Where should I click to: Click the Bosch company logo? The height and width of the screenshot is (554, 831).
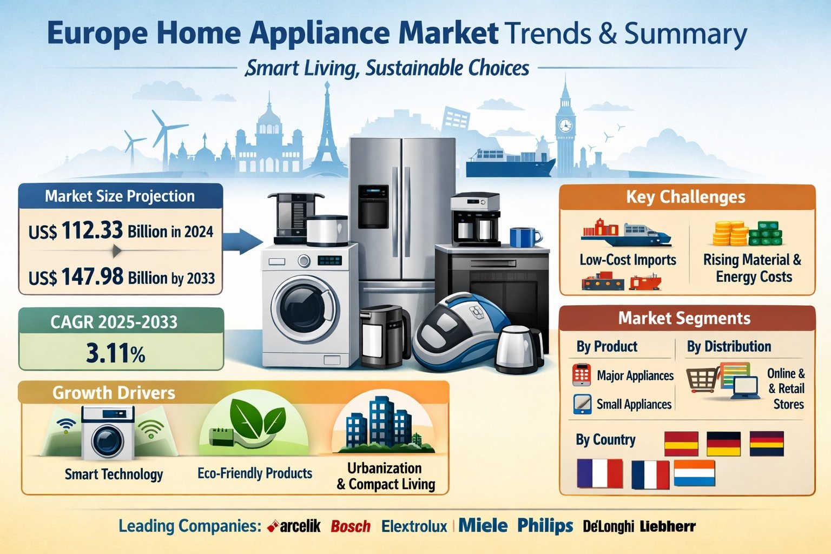pos(351,526)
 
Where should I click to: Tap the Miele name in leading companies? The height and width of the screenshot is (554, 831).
pos(483,525)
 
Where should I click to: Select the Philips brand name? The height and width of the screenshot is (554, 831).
pos(545,525)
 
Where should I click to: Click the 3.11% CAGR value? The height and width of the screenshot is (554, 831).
pos(115,353)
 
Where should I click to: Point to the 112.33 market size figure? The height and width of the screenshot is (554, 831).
pos(92,230)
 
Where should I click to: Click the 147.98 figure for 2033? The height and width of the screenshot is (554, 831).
pos(92,277)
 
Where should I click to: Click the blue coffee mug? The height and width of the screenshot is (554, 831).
pos(523,237)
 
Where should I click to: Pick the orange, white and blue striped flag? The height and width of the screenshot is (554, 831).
pos(694,473)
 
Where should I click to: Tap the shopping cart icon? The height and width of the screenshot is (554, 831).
pos(703,380)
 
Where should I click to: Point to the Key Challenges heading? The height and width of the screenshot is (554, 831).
pos(685,197)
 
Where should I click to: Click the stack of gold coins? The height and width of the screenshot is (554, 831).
pos(729,233)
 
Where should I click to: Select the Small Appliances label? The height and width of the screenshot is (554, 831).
pos(634,404)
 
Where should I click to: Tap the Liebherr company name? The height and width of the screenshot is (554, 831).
pos(668,526)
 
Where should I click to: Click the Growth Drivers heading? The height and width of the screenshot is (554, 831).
pos(114,392)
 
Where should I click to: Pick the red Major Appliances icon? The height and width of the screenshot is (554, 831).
pos(581,375)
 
